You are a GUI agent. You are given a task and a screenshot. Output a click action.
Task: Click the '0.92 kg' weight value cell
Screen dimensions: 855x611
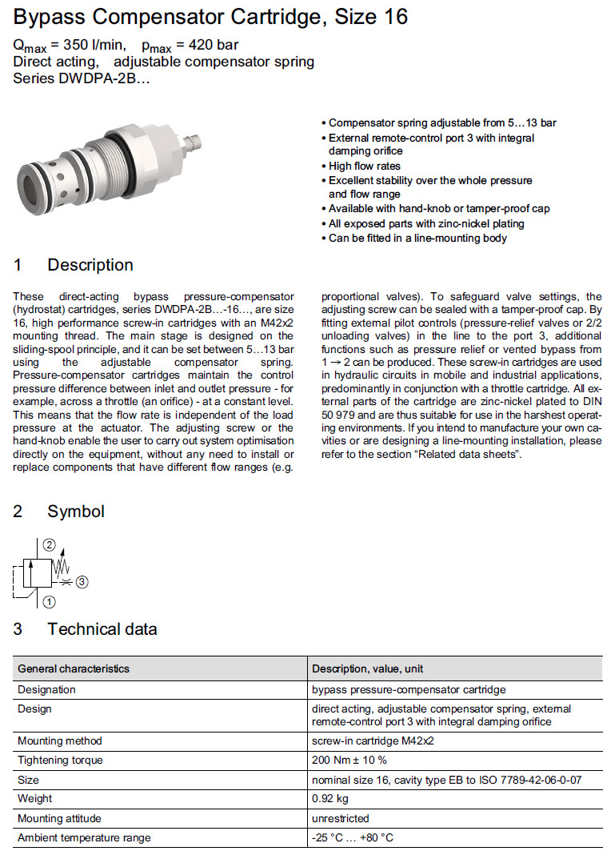(331, 799)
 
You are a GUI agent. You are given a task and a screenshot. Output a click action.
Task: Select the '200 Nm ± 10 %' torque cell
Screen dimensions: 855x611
(349, 760)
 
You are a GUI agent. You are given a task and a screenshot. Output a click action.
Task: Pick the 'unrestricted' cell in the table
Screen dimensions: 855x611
(341, 818)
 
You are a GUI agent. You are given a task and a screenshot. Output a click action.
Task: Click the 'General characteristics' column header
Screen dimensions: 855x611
(74, 668)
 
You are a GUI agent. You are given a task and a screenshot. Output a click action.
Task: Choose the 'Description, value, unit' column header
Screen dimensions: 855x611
(368, 668)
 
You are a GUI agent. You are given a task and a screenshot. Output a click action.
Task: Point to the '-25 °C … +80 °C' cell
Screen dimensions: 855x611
(353, 838)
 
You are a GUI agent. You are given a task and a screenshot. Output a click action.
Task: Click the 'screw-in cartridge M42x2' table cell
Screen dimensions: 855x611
(373, 741)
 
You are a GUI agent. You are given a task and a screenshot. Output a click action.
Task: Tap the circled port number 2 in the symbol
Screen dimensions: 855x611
(50, 547)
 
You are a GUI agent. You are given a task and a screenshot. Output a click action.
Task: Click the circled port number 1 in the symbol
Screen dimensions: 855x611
(50, 600)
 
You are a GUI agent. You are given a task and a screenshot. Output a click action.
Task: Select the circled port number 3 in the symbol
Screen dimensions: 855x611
(83, 581)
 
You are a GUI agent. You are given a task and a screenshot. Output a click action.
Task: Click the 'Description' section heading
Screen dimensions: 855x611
(90, 265)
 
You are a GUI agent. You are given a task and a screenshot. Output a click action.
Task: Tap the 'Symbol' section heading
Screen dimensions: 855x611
(75, 511)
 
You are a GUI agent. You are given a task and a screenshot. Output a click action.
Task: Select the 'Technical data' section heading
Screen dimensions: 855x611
(102, 629)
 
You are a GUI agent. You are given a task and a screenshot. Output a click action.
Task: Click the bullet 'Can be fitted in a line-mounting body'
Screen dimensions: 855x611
(417, 238)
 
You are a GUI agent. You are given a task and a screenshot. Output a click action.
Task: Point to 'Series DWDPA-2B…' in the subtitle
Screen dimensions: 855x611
(82, 78)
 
